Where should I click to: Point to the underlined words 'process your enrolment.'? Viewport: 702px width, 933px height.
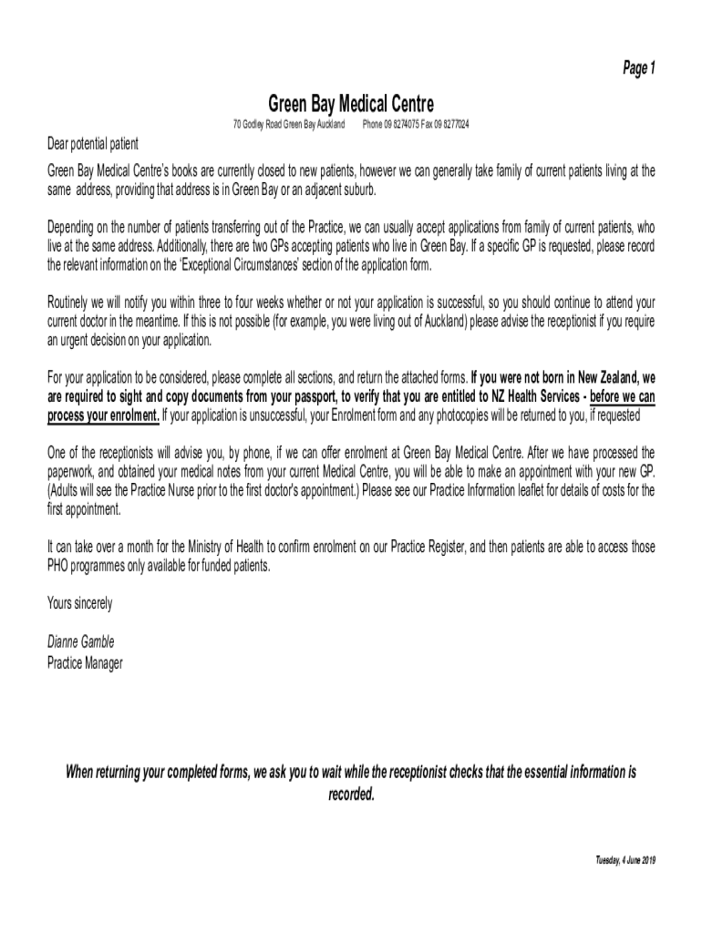[103, 416]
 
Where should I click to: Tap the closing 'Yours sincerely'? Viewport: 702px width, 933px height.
[79, 602]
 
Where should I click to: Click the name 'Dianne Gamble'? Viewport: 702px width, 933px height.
[80, 641]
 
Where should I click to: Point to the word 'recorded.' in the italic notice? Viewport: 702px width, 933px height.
[351, 794]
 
